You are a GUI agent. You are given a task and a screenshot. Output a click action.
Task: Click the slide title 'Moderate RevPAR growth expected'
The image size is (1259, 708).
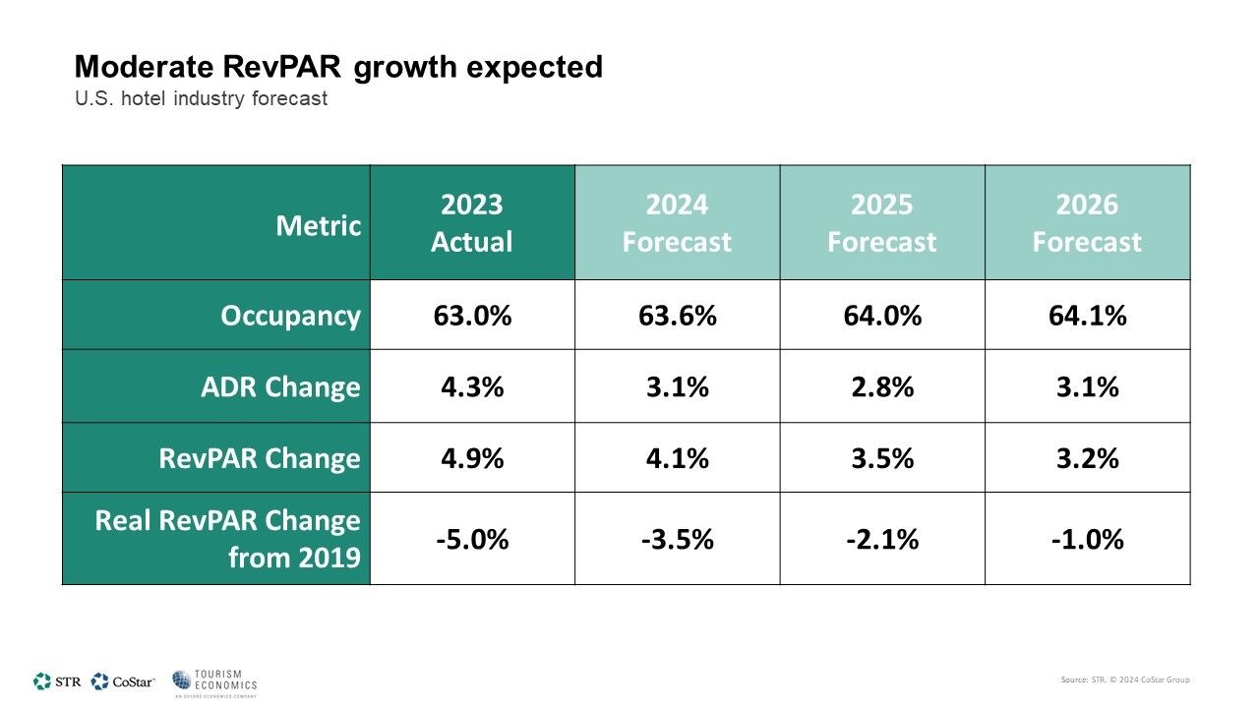click(338, 67)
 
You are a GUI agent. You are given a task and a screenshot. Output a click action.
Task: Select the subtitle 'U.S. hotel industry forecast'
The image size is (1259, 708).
click(201, 99)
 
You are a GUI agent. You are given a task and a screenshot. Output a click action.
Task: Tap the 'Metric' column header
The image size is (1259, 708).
click(318, 225)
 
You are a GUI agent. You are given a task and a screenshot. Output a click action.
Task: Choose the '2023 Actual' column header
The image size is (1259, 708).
click(472, 223)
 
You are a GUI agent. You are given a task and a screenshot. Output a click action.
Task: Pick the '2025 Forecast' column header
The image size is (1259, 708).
click(882, 223)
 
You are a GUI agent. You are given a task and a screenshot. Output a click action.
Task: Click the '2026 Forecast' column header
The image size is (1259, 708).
click(1087, 223)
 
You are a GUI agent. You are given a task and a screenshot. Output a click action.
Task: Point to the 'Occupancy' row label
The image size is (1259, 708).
click(290, 316)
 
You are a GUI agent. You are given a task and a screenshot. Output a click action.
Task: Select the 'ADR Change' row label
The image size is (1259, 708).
click(280, 387)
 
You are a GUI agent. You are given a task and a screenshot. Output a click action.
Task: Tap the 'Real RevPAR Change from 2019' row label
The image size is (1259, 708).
click(227, 539)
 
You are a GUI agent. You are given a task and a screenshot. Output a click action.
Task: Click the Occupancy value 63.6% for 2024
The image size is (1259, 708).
click(677, 316)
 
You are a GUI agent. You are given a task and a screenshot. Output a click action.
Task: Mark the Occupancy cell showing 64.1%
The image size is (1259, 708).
click(1087, 316)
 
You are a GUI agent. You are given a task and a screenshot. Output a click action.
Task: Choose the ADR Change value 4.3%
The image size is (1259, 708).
click(472, 387)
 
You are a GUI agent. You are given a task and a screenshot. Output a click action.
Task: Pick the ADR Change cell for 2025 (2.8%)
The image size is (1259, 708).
click(882, 387)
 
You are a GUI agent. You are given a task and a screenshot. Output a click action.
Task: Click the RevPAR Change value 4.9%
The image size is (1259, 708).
click(472, 458)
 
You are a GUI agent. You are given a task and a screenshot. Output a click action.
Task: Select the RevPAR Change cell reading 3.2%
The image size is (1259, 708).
click(1087, 458)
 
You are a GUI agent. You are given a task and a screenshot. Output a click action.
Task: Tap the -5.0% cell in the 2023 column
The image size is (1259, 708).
click(472, 540)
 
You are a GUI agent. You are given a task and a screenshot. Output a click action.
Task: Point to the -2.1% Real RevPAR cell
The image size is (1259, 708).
click(882, 540)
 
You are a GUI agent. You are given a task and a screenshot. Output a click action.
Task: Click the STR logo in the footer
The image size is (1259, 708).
click(57, 681)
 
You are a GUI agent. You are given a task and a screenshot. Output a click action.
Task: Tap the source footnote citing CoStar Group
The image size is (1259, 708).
click(1125, 679)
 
